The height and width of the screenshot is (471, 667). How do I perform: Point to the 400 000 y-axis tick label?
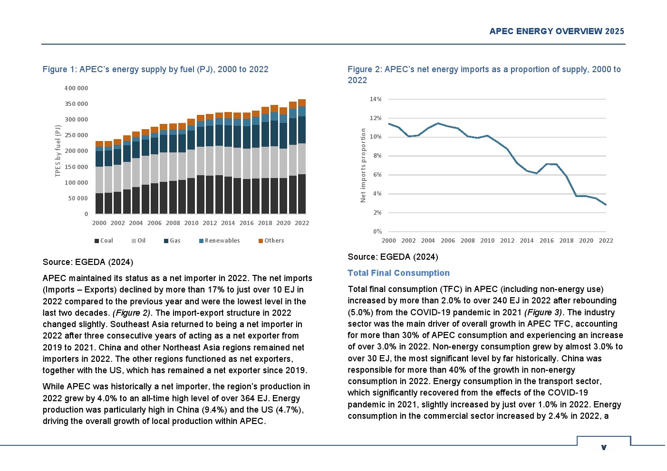tap(76, 88)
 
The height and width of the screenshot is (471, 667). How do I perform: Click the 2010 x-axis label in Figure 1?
tap(191, 223)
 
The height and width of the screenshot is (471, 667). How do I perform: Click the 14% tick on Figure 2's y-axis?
tap(376, 99)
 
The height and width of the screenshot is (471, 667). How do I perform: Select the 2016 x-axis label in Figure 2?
tap(547, 241)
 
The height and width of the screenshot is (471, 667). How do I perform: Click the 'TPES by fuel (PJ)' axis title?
tap(58, 151)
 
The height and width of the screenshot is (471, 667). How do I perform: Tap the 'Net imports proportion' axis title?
tap(363, 165)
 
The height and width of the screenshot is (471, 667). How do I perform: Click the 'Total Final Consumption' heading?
tap(398, 273)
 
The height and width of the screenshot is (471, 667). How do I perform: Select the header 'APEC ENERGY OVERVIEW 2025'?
tap(557, 31)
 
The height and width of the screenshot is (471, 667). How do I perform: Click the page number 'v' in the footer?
tap(604, 447)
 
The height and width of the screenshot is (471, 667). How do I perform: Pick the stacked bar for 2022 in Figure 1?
tap(302, 157)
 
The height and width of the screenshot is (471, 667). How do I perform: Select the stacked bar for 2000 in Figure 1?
tap(99, 178)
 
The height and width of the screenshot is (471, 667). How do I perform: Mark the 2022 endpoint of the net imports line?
tap(606, 205)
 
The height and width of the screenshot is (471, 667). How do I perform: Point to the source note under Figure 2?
tap(393, 257)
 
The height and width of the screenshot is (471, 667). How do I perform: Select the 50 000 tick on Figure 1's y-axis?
tap(78, 198)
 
